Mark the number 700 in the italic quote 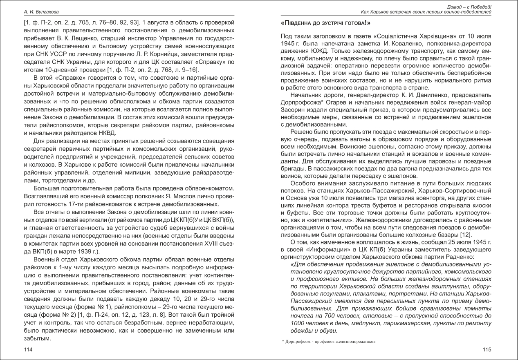323,315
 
